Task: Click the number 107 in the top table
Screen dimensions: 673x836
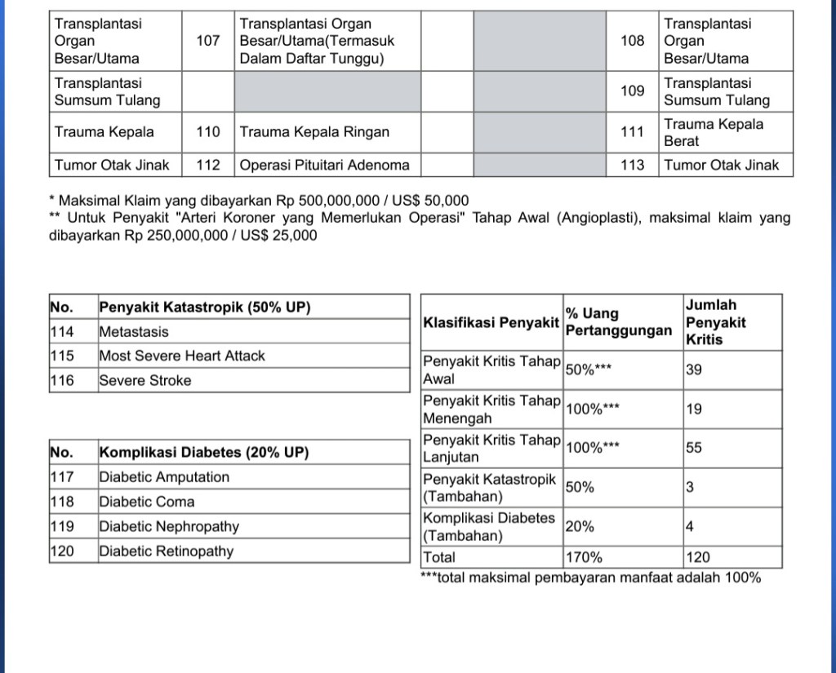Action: click(x=208, y=41)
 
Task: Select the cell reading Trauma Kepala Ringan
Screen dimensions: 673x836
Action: click(x=314, y=132)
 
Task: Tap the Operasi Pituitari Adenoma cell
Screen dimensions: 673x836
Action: click(x=324, y=166)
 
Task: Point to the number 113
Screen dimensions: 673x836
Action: click(x=632, y=166)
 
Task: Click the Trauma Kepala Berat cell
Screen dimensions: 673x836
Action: click(x=714, y=132)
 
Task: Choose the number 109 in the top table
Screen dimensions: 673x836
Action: click(x=632, y=91)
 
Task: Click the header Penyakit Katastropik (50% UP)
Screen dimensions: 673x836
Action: click(x=205, y=308)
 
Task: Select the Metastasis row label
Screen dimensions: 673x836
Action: click(x=134, y=332)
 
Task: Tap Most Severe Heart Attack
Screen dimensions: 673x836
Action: click(x=182, y=356)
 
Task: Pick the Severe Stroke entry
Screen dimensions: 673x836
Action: click(x=145, y=380)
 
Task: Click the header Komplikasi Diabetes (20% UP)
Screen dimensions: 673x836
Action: click(x=204, y=453)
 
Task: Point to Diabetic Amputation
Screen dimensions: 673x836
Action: click(x=164, y=477)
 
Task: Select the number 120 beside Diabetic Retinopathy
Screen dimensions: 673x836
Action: click(x=62, y=551)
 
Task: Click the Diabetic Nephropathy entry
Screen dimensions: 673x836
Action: click(x=169, y=527)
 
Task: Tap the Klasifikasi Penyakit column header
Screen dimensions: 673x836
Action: click(x=491, y=322)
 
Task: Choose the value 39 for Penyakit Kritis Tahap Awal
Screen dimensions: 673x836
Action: click(x=693, y=370)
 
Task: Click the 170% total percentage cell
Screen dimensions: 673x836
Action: click(x=584, y=558)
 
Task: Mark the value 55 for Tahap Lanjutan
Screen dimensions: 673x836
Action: click(x=693, y=448)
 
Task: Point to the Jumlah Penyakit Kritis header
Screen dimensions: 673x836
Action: click(x=715, y=322)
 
